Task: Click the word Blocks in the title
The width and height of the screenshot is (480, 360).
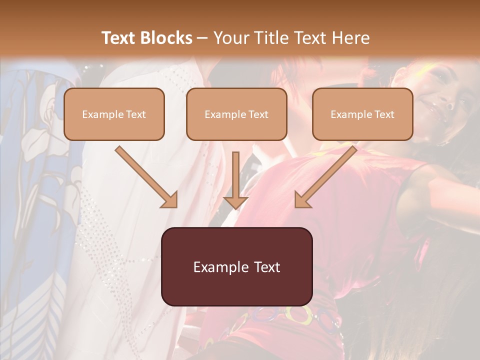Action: (x=166, y=38)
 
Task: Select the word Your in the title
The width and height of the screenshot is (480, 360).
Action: (x=228, y=38)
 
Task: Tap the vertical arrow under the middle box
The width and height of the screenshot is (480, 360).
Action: (x=235, y=180)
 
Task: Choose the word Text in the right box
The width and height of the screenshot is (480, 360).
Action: (x=384, y=114)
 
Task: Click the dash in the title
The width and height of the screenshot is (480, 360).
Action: (x=202, y=38)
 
